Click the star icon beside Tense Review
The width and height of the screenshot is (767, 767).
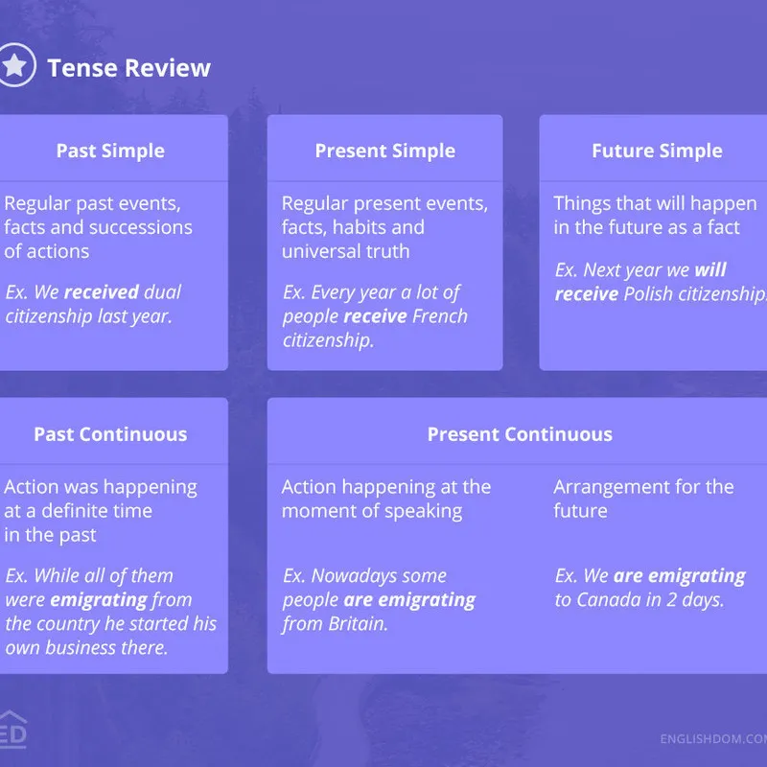coord(15,65)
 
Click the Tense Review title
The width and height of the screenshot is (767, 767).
coord(129,67)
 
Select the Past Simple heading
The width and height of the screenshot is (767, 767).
coord(110,151)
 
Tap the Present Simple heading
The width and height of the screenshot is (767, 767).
coord(385,151)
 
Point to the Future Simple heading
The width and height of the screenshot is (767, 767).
coord(657,151)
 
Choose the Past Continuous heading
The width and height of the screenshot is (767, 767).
coord(110,434)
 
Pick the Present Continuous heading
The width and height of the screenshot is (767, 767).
coord(520,434)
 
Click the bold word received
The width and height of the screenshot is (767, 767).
coord(102,292)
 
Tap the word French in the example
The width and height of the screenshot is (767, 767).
coord(440,316)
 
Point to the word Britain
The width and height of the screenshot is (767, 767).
coord(358,624)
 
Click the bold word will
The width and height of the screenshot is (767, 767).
coord(710,269)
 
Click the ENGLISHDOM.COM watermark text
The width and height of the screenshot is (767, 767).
coord(713,738)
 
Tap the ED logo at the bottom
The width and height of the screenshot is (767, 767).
coord(12,730)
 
